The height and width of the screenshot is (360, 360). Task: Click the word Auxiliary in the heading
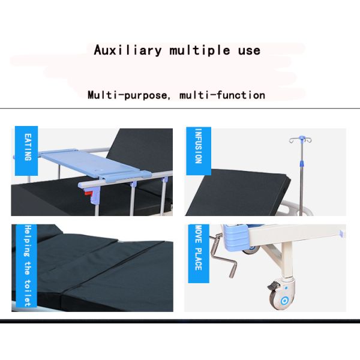click(127, 50)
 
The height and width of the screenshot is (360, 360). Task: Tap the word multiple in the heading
click(200, 50)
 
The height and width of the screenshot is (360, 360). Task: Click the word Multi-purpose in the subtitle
click(128, 95)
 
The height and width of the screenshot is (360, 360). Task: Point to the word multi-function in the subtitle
click(222, 95)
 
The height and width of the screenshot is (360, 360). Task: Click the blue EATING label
click(26, 151)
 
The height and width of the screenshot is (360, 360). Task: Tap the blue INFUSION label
click(199, 151)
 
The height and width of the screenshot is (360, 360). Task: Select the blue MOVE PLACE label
click(199, 253)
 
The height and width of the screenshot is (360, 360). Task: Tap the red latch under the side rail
click(88, 193)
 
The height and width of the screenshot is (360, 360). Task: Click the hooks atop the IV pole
click(301, 139)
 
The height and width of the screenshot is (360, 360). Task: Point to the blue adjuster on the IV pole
click(302, 163)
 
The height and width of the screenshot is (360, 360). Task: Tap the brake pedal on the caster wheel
click(273, 286)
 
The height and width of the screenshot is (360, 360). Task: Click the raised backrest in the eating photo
click(142, 149)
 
